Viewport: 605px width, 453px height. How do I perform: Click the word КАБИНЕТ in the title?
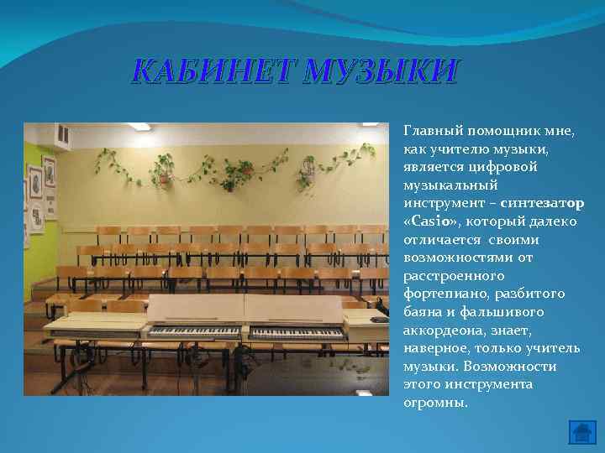212,72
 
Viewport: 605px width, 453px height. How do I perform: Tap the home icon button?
581,432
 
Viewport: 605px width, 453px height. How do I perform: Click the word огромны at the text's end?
435,402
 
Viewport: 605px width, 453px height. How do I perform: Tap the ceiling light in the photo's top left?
139,127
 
